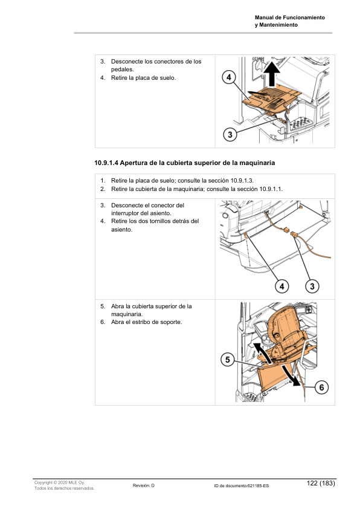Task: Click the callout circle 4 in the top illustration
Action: (229, 77)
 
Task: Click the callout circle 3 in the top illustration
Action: (230, 134)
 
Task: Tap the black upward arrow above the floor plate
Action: (271, 74)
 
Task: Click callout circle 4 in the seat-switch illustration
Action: (281, 286)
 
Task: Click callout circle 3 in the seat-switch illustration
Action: (312, 286)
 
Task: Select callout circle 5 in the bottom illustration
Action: (227, 360)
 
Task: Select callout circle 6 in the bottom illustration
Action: (321, 387)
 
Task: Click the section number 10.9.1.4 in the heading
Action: (106, 163)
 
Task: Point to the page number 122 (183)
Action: (321, 483)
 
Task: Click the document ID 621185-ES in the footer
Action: (258, 486)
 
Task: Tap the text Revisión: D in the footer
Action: (143, 485)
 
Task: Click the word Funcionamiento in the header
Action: (304, 18)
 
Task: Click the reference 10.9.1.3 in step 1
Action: (242, 181)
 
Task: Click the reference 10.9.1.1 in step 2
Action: (271, 189)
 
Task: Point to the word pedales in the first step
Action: (121, 70)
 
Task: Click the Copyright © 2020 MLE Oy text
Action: (59, 483)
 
